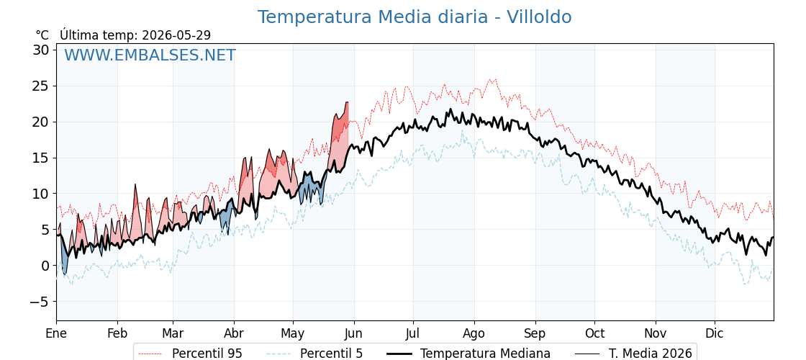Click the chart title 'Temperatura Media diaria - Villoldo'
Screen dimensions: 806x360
[415, 17]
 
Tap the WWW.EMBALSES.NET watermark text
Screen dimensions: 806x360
[150, 55]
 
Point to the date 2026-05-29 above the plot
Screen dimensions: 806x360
[176, 35]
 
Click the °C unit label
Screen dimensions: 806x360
[42, 35]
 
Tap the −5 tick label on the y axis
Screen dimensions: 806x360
[40, 302]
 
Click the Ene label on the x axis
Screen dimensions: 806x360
[57, 334]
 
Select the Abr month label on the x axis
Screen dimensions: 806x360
[235, 334]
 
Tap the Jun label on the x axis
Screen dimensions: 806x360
[354, 334]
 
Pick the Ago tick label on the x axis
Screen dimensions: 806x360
[474, 334]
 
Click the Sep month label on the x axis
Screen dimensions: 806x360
[535, 334]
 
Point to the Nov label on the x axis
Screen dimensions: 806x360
[656, 334]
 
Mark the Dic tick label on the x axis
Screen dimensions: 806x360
[715, 334]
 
